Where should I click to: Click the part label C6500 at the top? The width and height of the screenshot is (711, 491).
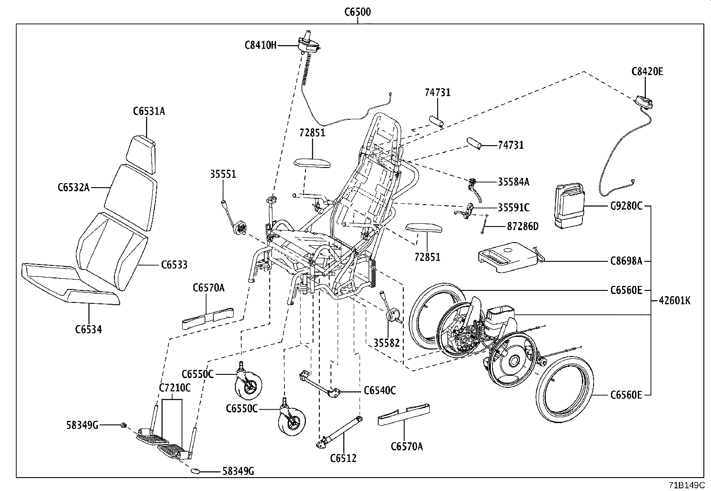pyautogui.click(x=357, y=12)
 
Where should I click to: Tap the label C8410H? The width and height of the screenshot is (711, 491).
pyautogui.click(x=260, y=45)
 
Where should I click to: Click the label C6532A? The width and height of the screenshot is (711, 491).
pyautogui.click(x=73, y=188)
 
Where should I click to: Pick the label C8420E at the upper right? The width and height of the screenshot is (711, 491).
pyautogui.click(x=647, y=71)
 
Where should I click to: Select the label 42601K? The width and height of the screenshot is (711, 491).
pyautogui.click(x=674, y=301)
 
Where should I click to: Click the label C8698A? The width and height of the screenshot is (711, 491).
pyautogui.click(x=626, y=261)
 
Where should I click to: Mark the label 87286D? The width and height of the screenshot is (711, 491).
pyautogui.click(x=523, y=227)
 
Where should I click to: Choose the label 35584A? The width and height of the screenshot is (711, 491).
pyautogui.click(x=514, y=181)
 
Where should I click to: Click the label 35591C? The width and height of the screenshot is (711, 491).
pyautogui.click(x=514, y=207)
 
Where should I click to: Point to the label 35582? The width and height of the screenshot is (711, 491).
pyautogui.click(x=386, y=343)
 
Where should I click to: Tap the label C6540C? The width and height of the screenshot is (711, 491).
pyautogui.click(x=380, y=390)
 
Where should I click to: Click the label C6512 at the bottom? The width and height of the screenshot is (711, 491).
pyautogui.click(x=343, y=458)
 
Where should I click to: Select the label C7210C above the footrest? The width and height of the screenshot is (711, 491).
pyautogui.click(x=175, y=387)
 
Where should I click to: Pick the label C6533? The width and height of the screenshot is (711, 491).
pyautogui.click(x=174, y=265)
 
